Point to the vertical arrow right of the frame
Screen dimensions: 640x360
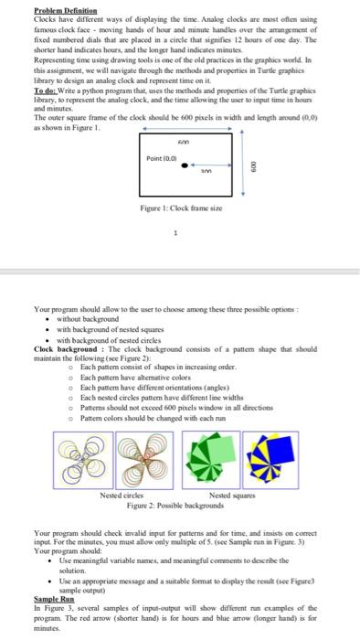(x=241, y=182)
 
